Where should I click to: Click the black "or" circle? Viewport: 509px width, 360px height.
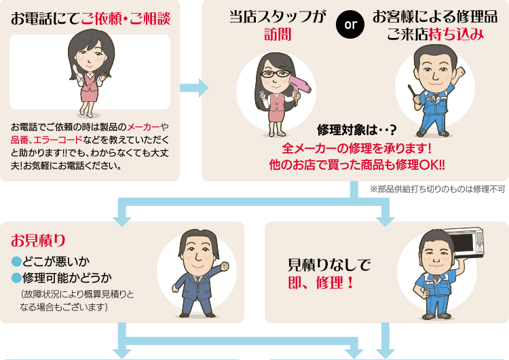point(350,24)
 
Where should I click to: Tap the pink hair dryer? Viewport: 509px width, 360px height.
point(299,88)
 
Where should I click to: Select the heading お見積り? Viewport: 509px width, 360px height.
point(38,240)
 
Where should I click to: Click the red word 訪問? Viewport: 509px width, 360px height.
point(278,35)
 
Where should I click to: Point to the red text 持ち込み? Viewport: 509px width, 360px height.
point(456,35)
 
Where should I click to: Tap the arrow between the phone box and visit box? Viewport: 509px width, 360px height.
point(194,88)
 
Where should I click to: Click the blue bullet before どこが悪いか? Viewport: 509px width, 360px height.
point(16,262)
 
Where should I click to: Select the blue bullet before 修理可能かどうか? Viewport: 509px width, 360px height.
point(16,278)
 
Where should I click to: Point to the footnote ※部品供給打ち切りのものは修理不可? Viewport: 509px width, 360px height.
point(438,189)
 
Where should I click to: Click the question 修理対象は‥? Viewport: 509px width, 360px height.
point(357,130)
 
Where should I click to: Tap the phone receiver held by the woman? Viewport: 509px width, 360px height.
point(75,72)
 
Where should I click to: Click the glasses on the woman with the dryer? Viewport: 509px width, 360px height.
point(276,74)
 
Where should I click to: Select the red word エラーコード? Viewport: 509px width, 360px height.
point(58,140)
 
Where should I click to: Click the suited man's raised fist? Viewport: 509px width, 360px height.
point(224,266)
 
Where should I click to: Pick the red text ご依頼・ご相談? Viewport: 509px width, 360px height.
point(126,18)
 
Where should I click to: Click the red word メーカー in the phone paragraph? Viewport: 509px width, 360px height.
point(143,127)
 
